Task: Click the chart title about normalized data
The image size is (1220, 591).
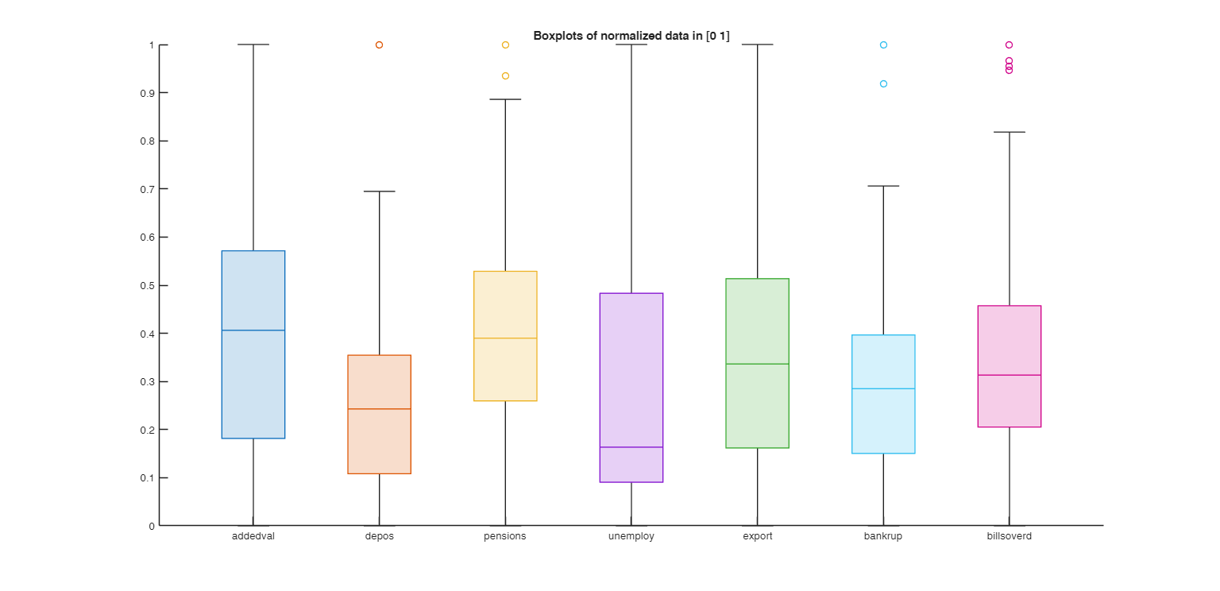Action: (x=631, y=36)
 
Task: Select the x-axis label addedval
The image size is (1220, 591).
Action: (x=253, y=536)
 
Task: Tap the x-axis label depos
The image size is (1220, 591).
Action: (x=379, y=536)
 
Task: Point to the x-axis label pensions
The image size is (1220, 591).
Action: (x=504, y=536)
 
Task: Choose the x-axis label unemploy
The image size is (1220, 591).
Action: (x=631, y=536)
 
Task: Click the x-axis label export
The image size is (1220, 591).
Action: (x=757, y=536)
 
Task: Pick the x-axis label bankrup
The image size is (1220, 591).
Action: (x=883, y=536)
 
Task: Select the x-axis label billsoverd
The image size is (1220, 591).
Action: (x=1009, y=536)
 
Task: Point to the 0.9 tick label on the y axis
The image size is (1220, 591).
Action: (x=150, y=93)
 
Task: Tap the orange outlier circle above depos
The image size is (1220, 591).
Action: (x=379, y=45)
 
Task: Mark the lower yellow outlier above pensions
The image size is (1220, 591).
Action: (x=505, y=76)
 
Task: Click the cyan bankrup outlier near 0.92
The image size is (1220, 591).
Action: (x=883, y=83)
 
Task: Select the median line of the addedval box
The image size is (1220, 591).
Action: (x=253, y=330)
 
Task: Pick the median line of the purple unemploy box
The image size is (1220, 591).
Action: (x=631, y=447)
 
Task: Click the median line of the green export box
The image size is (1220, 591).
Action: (x=757, y=364)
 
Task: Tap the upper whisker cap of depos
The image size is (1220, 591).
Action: (x=379, y=191)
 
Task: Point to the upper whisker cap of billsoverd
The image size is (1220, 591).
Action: (x=1009, y=132)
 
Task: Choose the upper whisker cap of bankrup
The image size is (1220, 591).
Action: (x=883, y=186)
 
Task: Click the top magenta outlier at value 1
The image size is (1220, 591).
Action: (x=1009, y=45)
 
